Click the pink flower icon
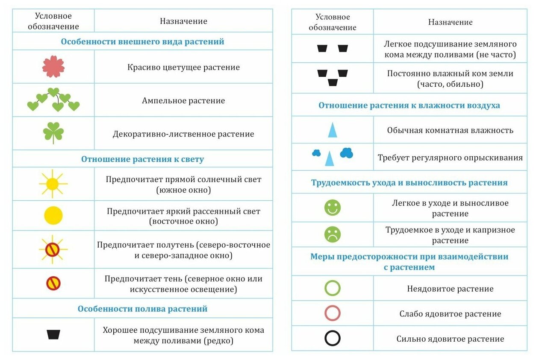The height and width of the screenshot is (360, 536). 53,67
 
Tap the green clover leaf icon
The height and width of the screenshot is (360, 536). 53,133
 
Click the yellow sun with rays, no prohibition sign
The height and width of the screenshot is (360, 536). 53,184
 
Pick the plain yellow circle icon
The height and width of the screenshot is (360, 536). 53,215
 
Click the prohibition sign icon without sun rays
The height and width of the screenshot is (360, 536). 53,283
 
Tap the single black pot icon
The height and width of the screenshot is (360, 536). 53,334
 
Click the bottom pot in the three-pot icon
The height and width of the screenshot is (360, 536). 333,82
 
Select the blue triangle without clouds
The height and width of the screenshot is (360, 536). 333,130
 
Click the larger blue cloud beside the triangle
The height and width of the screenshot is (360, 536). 347,152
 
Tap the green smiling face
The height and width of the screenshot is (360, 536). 333,208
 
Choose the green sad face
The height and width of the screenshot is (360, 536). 333,234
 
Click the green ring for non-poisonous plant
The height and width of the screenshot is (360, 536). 333,288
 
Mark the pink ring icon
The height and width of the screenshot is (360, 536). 333,313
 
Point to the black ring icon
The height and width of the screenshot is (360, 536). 333,339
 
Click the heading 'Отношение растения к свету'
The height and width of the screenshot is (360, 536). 142,159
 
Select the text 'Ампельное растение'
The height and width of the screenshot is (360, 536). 183,101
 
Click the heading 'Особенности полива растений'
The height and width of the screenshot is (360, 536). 142,309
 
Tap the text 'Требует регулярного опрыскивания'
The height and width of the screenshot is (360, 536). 450,158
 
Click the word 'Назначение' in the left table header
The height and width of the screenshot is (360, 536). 183,21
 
